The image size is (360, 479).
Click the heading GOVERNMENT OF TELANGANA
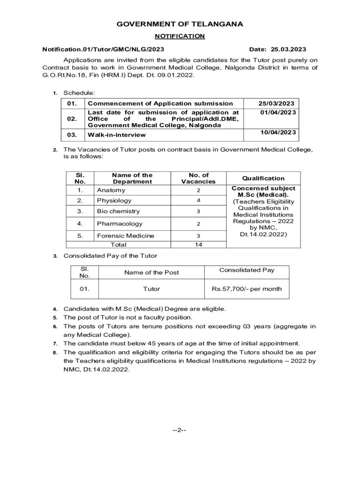(x=180, y=24)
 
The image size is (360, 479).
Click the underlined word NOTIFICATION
(x=180, y=36)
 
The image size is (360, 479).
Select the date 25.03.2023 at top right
(x=278, y=49)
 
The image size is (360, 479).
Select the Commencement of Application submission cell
(x=160, y=103)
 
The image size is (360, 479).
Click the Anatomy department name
(x=111, y=190)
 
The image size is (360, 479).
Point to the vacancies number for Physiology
(x=198, y=201)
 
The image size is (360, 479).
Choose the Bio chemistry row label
(x=115, y=211)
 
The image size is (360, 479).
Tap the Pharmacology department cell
(x=120, y=224)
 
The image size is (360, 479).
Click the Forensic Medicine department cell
(x=125, y=236)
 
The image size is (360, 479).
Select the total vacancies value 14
(x=198, y=245)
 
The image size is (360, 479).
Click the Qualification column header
(x=263, y=178)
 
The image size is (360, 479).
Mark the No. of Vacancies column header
(x=198, y=178)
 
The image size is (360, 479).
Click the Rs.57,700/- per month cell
(x=247, y=289)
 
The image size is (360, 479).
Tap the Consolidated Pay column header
(x=247, y=270)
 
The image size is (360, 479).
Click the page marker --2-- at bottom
(x=180, y=431)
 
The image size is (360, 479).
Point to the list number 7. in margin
(x=55, y=343)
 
